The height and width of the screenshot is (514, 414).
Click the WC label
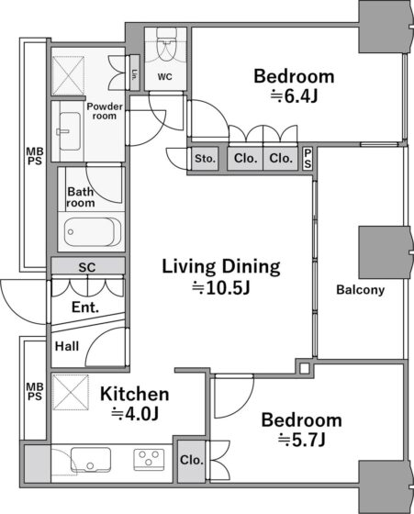164,77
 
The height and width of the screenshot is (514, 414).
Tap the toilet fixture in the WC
166,44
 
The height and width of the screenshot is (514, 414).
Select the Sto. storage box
205,159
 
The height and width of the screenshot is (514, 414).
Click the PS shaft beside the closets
308,158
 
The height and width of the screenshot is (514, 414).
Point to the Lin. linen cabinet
135,73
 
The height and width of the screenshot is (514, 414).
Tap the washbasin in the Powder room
70,131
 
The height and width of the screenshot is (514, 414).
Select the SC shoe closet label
87,267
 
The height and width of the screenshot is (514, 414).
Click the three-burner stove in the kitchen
149,460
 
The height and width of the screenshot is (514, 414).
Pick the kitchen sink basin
91,460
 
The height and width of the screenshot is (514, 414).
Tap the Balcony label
360,290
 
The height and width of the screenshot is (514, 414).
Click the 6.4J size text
294,96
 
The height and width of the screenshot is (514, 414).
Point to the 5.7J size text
302,440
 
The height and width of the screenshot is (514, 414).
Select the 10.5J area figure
221,288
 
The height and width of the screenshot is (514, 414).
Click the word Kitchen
134,394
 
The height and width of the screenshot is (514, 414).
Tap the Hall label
67,346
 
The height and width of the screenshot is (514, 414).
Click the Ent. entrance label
84,307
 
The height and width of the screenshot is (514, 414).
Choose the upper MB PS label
34,156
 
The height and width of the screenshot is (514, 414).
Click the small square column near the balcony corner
304,368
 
